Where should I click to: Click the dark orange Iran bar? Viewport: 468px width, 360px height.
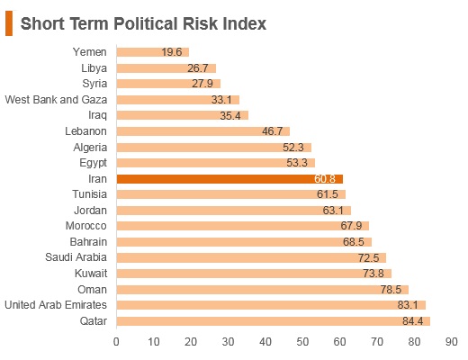coord(229,179)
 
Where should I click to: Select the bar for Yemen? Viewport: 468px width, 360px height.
coord(153,52)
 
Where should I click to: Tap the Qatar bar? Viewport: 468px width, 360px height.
coord(274,321)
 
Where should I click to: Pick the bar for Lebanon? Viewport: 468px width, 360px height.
coord(203,131)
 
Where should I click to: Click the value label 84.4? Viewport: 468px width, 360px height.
coord(413,321)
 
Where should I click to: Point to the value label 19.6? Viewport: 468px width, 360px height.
coord(172,52)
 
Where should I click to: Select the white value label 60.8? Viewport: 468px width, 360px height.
coord(325,179)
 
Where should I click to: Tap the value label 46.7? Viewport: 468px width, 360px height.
coord(273,131)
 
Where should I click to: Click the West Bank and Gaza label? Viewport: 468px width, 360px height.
coord(56,100)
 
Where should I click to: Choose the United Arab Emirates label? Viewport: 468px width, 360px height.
coord(56,305)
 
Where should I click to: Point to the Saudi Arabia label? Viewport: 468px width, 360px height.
coord(76,257)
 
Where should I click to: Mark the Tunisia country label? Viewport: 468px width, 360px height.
coord(90,194)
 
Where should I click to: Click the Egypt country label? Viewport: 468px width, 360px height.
coord(94,163)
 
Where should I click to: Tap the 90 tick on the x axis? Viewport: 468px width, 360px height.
coord(452,342)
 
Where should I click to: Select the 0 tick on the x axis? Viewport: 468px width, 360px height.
coord(116,342)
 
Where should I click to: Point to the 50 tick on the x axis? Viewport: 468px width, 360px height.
coord(302,342)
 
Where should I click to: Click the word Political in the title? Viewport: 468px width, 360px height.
coord(146,23)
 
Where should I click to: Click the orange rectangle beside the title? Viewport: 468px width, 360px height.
coord(9,23)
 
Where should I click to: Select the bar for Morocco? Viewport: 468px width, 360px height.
coord(243,226)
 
